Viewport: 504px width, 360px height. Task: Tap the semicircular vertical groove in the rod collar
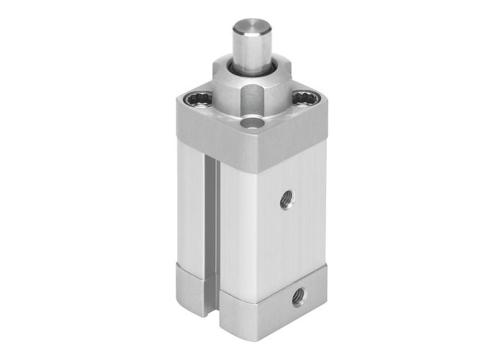click(252, 98)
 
